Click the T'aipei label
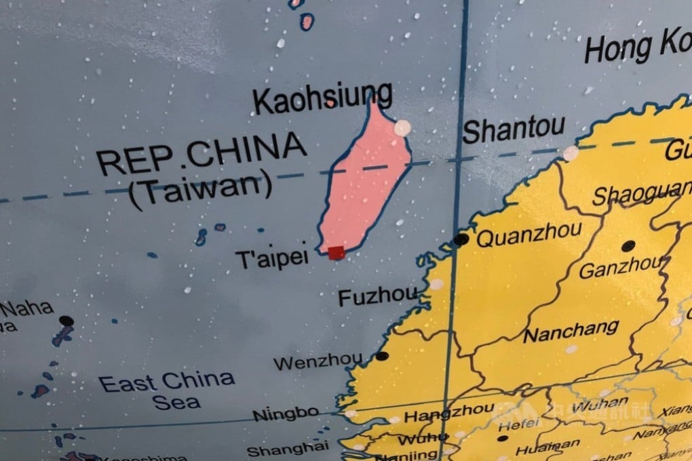(x=271, y=257)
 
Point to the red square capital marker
(x=336, y=253)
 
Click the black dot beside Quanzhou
(x=461, y=239)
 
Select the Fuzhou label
(x=377, y=296)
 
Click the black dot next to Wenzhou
(x=382, y=356)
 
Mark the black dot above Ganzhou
(x=628, y=245)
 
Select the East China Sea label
(x=167, y=390)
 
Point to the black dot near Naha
(x=66, y=320)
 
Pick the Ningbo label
(x=285, y=413)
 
